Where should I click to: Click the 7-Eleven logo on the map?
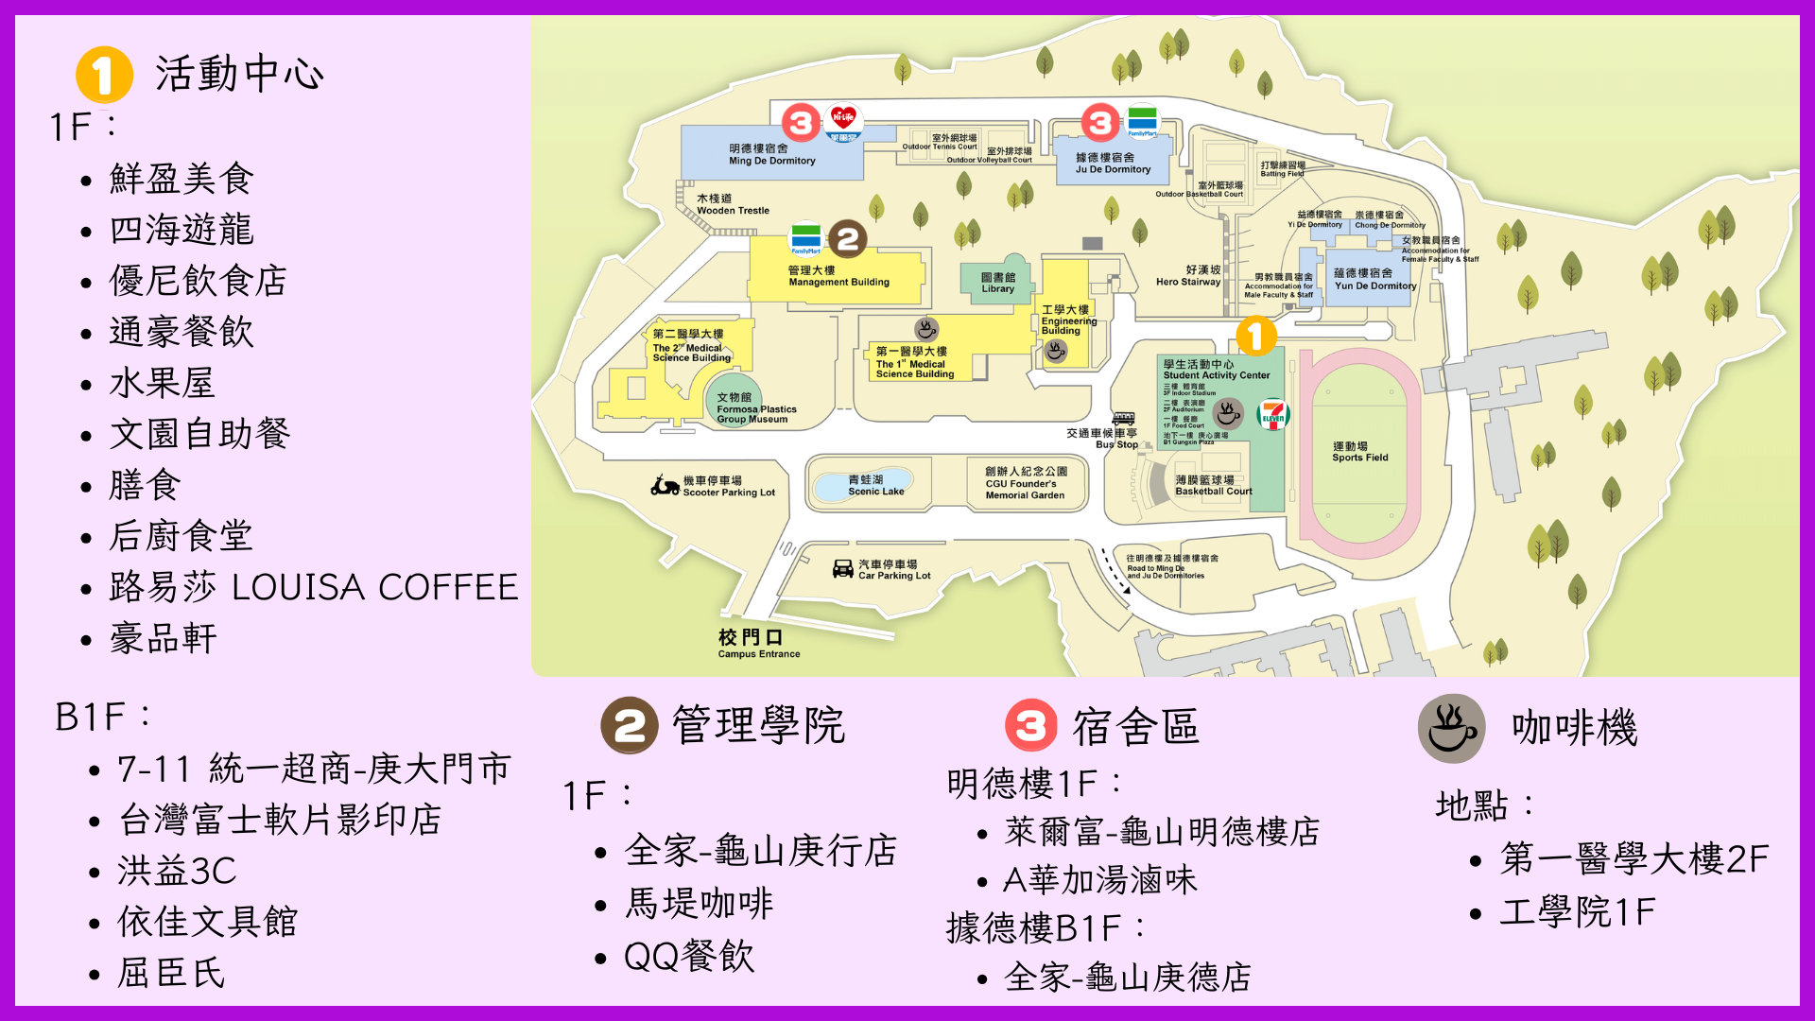(x=1273, y=415)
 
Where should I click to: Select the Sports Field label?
(x=1359, y=452)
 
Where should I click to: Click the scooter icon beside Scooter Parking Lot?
(x=665, y=486)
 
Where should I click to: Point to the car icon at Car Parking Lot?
(x=842, y=568)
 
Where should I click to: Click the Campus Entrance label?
(x=758, y=643)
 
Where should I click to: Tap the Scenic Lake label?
(x=875, y=486)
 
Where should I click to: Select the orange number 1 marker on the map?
(x=1255, y=336)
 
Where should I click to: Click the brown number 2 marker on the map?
(x=848, y=239)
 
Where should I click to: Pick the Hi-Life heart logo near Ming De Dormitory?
(x=842, y=119)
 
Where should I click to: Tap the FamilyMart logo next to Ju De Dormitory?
(x=1142, y=120)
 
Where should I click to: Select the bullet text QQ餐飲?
(x=689, y=956)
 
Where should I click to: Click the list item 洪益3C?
(x=177, y=871)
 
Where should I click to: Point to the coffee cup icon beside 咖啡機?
(x=1451, y=728)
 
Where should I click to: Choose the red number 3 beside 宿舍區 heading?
(x=1030, y=726)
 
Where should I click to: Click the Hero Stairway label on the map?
(x=1188, y=276)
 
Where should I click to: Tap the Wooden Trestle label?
(x=733, y=204)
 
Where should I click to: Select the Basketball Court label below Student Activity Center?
(x=1213, y=486)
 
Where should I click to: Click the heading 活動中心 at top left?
(x=239, y=74)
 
